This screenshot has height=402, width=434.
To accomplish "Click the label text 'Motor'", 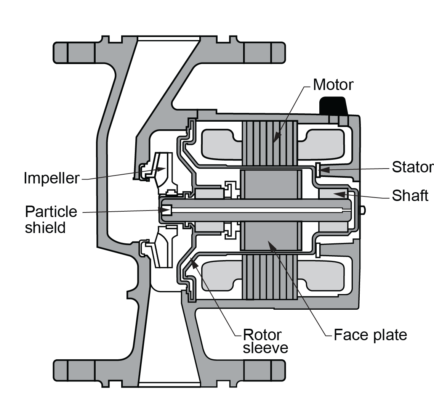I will click(x=333, y=85).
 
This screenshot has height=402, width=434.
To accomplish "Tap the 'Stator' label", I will click(x=413, y=167).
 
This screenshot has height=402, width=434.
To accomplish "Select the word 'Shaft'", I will click(x=410, y=196).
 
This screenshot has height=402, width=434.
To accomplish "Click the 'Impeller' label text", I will click(x=51, y=178).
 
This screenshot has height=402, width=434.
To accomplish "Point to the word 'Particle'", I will click(x=51, y=211).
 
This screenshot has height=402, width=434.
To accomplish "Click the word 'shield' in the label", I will click(x=45, y=227).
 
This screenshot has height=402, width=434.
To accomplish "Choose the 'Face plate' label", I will click(x=370, y=335).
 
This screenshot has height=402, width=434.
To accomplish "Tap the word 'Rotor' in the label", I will click(x=262, y=335).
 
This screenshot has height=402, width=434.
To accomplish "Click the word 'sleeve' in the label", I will click(x=266, y=348).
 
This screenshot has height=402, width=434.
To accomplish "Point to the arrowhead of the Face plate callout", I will click(x=270, y=244).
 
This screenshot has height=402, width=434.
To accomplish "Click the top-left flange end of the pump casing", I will click(x=61, y=52).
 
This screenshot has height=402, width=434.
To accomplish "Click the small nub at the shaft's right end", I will click(x=364, y=209).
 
